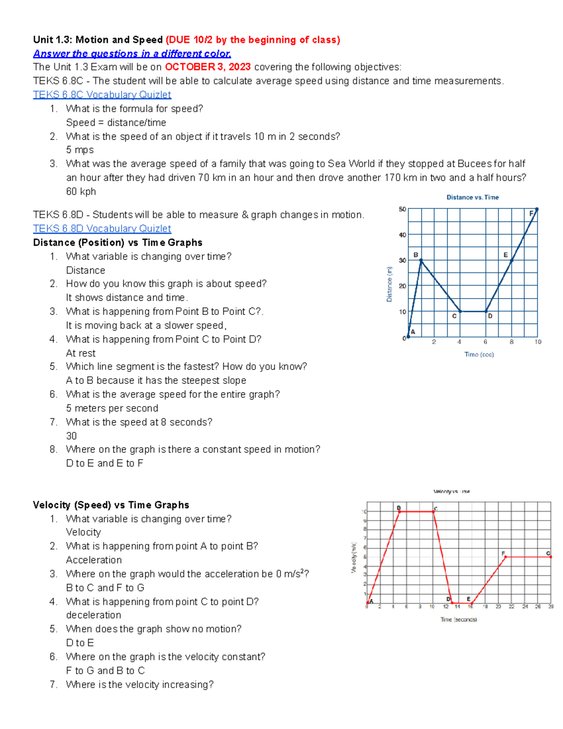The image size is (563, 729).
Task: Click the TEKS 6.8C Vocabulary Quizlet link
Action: [102, 95]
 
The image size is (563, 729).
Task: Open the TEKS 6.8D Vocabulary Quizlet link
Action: [102, 229]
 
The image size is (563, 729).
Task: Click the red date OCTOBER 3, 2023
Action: [208, 67]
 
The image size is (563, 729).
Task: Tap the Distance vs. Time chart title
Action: [472, 198]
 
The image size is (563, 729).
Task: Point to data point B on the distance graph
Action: [421, 260]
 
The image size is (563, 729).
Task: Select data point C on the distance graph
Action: [460, 311]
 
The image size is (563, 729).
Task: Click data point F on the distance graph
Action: [537, 209]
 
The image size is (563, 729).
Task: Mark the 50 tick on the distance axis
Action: [403, 209]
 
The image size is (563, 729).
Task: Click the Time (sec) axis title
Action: [479, 354]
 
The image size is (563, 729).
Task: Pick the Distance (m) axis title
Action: [389, 284]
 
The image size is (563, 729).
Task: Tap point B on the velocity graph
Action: [399, 512]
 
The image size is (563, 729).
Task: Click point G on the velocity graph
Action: [550, 557]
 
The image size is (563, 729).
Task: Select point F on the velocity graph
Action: [505, 557]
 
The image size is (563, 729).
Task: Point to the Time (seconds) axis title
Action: [458, 620]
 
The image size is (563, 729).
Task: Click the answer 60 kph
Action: [81, 192]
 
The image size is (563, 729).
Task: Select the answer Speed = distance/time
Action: [116, 123]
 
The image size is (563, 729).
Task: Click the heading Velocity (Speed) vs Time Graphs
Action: [111, 505]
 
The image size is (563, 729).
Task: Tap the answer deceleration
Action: [93, 615]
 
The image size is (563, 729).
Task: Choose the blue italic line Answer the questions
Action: [132, 54]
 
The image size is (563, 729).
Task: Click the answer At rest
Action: [81, 353]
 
